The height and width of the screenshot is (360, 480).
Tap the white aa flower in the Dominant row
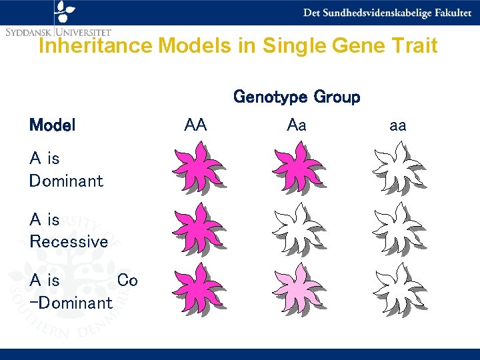(x=397, y=168)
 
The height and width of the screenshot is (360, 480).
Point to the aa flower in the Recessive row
(x=397, y=228)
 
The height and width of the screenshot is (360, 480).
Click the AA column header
(x=195, y=125)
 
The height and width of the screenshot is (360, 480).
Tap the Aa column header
(x=297, y=125)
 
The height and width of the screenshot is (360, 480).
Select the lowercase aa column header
(x=397, y=125)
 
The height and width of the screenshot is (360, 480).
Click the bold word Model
(x=52, y=125)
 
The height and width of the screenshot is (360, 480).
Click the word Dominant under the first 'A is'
(x=66, y=181)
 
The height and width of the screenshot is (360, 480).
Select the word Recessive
(x=68, y=241)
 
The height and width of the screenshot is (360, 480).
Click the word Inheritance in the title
(x=96, y=46)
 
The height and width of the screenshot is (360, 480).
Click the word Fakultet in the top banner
(x=448, y=13)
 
